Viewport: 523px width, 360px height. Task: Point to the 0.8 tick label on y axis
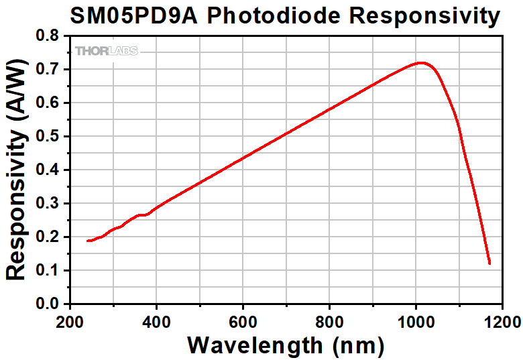point(49,36)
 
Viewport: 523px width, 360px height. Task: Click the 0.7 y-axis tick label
point(49,69)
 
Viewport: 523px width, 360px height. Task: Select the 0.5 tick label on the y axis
point(49,136)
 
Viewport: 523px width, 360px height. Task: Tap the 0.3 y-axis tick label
point(49,203)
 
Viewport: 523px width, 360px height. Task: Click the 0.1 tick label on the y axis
point(49,270)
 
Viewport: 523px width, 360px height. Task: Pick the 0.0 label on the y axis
point(49,304)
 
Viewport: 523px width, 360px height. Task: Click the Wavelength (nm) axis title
point(286,345)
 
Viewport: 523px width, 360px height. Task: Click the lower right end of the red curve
point(489,263)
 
